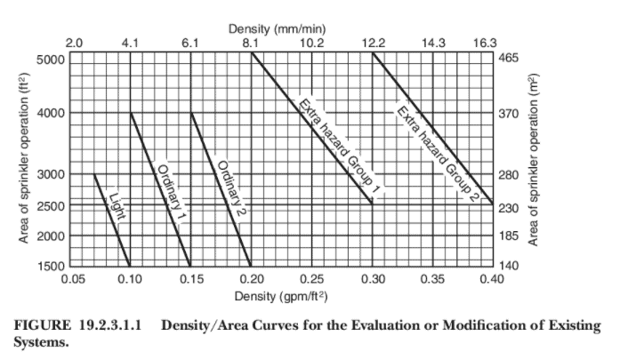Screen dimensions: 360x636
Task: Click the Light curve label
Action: click(116, 208)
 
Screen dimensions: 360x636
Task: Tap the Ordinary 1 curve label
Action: click(169, 195)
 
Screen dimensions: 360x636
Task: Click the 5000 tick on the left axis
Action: click(51, 60)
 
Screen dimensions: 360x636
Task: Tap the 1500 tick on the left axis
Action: click(51, 266)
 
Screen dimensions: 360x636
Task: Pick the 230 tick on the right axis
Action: click(508, 207)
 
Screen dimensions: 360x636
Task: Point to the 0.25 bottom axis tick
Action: click(312, 279)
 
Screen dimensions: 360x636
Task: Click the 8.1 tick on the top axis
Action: click(251, 42)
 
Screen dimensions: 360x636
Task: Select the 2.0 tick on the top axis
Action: click(75, 42)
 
